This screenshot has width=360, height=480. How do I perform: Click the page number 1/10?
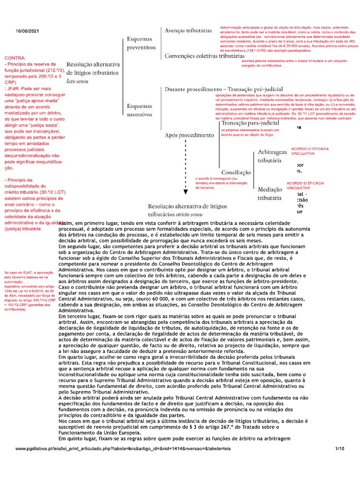coord(339,449)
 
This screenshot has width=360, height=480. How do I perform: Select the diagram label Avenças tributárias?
coord(188,30)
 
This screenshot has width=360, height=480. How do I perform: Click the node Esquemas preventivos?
coord(141,44)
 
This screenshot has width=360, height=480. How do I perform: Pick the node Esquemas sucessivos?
coord(139,110)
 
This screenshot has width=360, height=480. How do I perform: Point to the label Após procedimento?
coord(188,135)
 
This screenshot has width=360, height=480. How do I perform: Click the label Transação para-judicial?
coord(250,123)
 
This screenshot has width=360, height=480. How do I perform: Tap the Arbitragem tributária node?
coord(270,157)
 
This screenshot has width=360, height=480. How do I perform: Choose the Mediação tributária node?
coord(270,194)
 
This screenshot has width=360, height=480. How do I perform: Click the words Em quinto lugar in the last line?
coord(80,439)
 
